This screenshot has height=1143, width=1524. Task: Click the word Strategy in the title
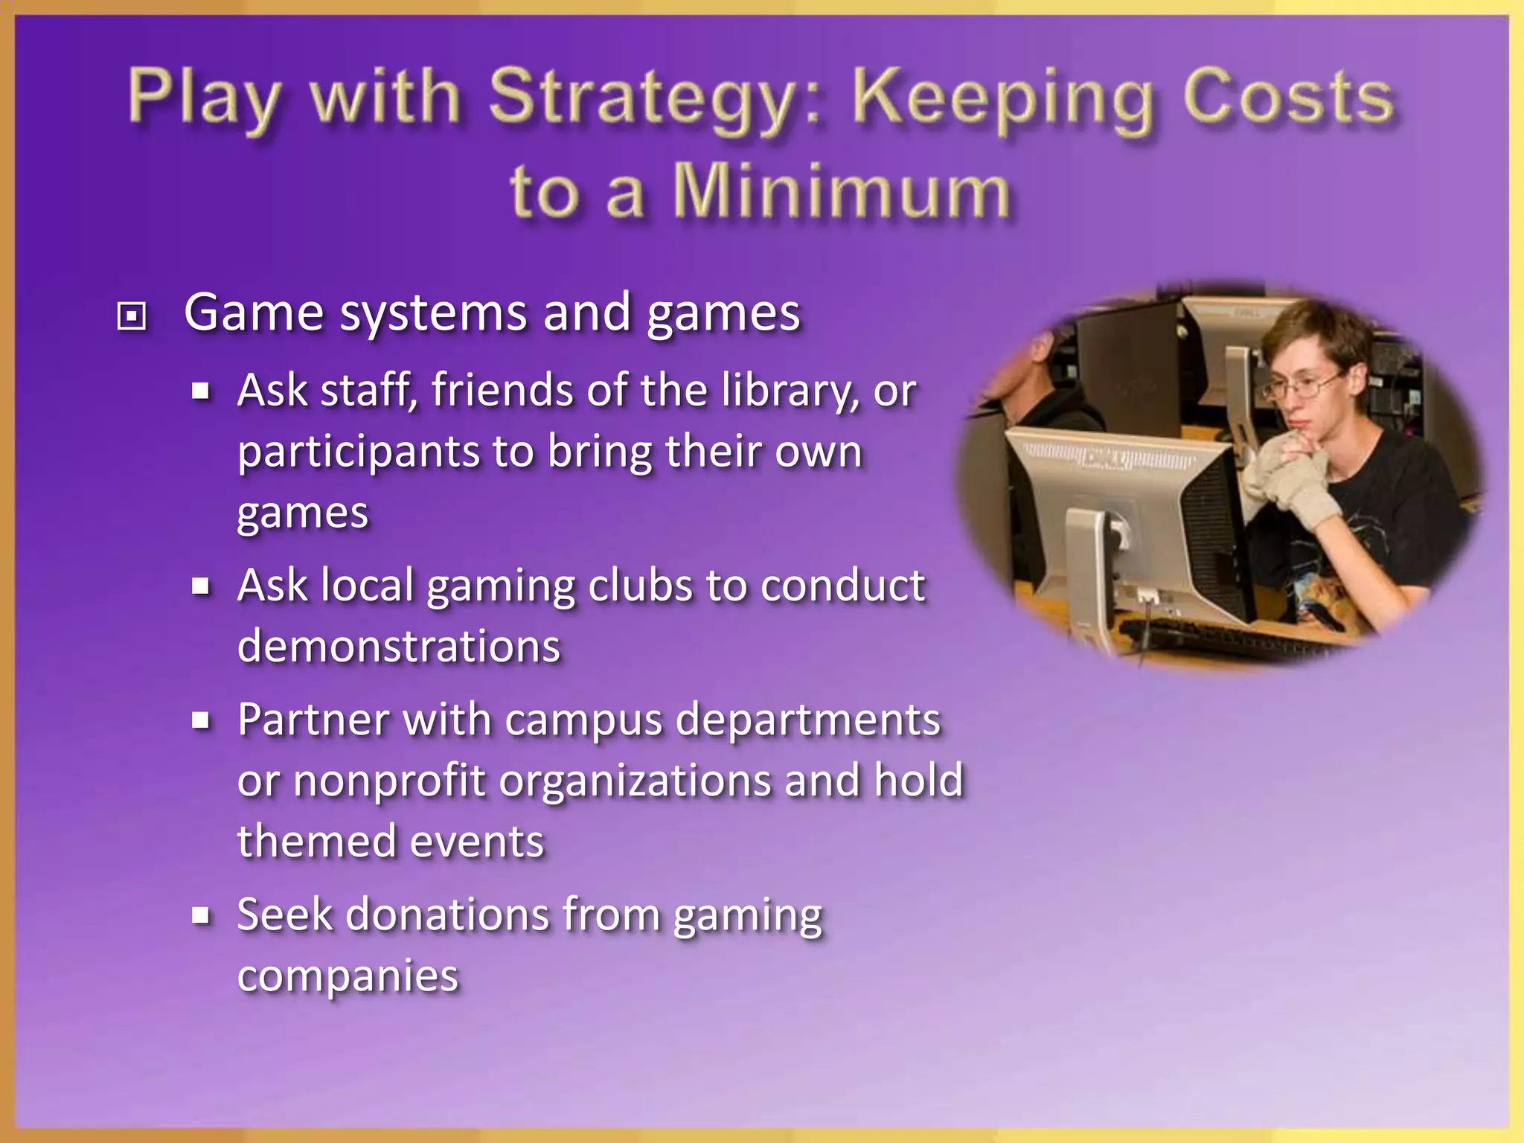click(653, 100)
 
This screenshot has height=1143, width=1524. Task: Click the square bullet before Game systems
click(132, 316)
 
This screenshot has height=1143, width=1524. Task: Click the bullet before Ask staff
click(200, 391)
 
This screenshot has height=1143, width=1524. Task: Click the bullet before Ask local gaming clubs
click(200, 586)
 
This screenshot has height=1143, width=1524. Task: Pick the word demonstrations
click(399, 646)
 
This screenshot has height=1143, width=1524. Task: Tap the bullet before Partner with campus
click(200, 720)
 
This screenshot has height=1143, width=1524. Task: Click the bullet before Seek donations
click(200, 915)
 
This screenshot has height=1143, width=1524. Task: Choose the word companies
click(348, 976)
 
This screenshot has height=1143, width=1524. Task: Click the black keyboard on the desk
click(1220, 638)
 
